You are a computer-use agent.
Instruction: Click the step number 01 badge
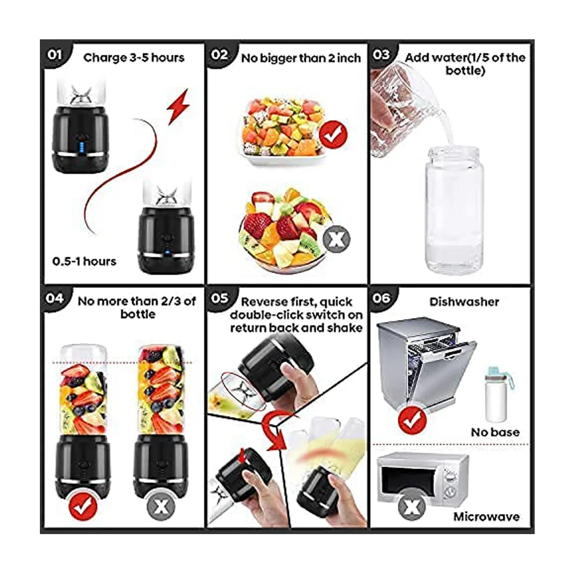pos(55,55)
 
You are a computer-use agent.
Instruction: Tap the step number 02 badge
pos(219,55)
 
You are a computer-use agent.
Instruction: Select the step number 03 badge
pos(381,55)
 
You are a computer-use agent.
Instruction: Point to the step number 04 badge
pos(55,299)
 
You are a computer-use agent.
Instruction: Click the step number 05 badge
pos(219,299)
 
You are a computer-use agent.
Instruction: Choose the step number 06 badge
pos(381,299)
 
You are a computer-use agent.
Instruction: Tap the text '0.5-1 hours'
pos(84,262)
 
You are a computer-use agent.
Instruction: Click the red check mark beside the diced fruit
pos(333,135)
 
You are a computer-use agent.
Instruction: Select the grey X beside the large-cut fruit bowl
pos(337,239)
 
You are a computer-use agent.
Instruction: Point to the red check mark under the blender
pos(83,506)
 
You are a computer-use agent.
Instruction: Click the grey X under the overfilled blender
pos(161,506)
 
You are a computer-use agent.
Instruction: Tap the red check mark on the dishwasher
pos(412,420)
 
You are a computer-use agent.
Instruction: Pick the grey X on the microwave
pos(412,506)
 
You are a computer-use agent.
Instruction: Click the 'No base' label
pos(495,432)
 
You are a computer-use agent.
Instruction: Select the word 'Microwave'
pos(486,516)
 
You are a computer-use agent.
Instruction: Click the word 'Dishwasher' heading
pos(464,302)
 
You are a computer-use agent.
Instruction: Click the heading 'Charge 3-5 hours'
pos(134,58)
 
